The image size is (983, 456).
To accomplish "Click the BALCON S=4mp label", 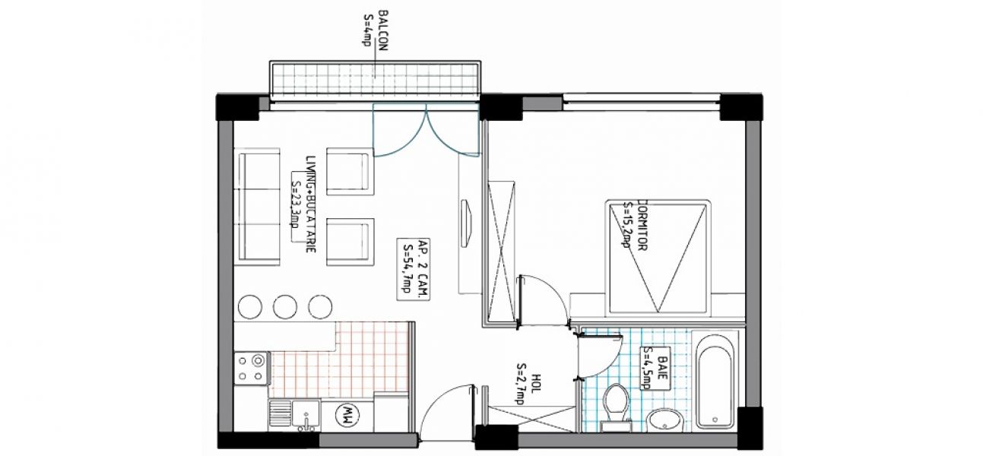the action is point(376,30).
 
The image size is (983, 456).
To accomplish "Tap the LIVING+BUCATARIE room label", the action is point(311,204).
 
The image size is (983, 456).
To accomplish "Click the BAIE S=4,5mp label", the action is point(657,369).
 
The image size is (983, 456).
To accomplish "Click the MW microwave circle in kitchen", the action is point(347,415).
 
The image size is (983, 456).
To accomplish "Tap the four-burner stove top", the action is point(252,369).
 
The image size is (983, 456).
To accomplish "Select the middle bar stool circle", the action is point(285,306).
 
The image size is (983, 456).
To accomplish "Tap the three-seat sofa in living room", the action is point(257,206).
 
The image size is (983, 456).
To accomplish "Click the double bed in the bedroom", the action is point(658,258).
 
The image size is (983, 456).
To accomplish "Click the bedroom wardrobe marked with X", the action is point(501,253).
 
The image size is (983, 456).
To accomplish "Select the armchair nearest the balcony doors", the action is point(350,171).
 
